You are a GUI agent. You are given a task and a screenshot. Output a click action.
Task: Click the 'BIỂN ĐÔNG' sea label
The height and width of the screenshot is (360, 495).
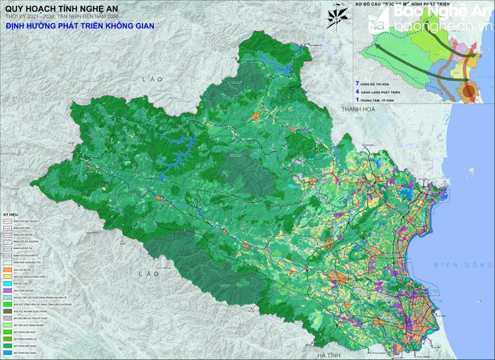click(x=455, y=265)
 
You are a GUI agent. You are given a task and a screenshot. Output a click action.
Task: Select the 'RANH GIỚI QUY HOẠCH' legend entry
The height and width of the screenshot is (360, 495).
click(x=20, y=222)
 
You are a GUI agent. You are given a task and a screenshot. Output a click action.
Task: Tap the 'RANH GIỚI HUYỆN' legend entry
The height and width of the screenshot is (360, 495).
click(x=20, y=235)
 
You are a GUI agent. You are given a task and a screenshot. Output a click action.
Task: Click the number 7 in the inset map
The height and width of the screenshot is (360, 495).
click(x=357, y=84)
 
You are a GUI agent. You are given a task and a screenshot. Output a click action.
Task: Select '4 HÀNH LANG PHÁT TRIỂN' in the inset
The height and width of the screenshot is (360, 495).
click(x=383, y=92)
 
